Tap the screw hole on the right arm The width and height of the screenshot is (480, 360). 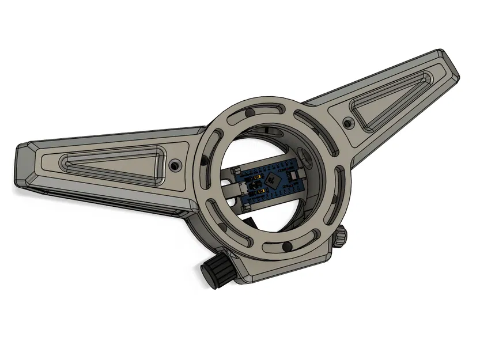[x=347, y=123]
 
